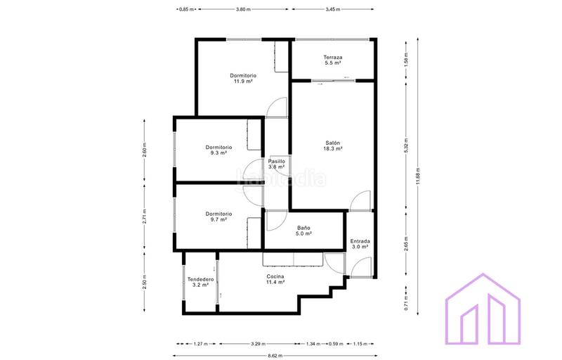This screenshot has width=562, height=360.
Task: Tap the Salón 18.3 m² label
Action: pyautogui.click(x=332, y=145)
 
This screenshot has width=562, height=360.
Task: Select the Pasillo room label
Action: pyautogui.click(x=277, y=165)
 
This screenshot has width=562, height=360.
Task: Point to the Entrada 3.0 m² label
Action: pyautogui.click(x=360, y=244)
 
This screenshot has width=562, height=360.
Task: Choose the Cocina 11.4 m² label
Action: pyautogui.click(x=275, y=279)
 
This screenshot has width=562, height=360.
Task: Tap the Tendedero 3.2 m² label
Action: pyautogui.click(x=200, y=283)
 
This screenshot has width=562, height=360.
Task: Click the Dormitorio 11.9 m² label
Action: pyautogui.click(x=243, y=78)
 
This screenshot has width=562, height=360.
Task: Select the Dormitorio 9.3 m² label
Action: pyautogui.click(x=218, y=150)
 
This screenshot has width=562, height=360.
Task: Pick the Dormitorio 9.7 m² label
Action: pyautogui.click(x=218, y=217)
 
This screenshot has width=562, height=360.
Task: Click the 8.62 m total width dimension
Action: pyautogui.click(x=275, y=356)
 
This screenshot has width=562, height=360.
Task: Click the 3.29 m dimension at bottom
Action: pyautogui.click(x=258, y=344)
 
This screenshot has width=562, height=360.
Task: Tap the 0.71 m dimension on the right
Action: pyautogui.click(x=405, y=304)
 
